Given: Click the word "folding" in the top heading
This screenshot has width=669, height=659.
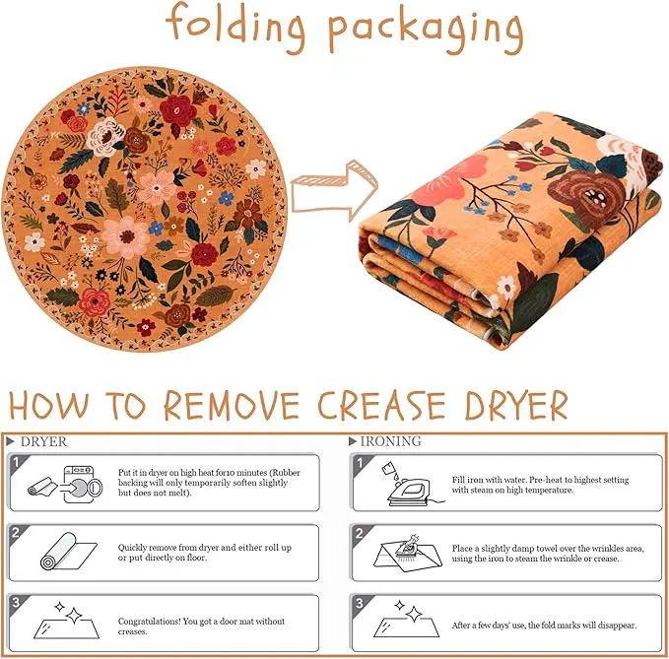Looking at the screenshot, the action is [x=235, y=27].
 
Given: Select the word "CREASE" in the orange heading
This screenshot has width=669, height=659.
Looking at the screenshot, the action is [x=382, y=405].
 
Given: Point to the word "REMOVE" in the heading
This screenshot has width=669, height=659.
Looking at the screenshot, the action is [x=233, y=405].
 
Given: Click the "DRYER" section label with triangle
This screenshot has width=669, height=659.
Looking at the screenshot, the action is [x=37, y=442].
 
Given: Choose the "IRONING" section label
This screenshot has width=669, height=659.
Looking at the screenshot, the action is [x=385, y=441].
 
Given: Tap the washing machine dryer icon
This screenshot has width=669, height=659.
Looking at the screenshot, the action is [x=83, y=484].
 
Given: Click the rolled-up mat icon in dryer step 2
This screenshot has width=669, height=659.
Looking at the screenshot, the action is [x=68, y=551].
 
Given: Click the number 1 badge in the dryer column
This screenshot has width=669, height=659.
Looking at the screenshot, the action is [x=16, y=462].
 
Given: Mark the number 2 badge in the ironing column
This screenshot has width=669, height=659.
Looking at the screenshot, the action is [x=360, y=533].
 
